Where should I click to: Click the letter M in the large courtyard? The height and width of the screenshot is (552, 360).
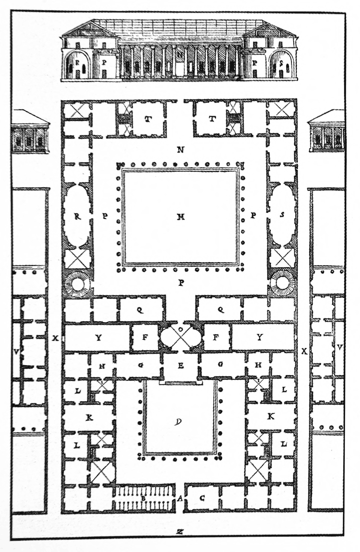point(181,217)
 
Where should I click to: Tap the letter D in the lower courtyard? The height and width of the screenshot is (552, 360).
point(178,422)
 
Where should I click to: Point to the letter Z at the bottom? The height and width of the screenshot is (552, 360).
point(180,532)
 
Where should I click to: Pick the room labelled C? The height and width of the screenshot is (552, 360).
point(202,498)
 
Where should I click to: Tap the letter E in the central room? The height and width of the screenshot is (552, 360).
point(181,366)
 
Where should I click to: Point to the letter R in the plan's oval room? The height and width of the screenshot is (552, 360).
point(77,216)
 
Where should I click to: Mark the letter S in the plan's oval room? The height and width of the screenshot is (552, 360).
point(282,214)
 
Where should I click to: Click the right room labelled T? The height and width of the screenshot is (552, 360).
point(212,119)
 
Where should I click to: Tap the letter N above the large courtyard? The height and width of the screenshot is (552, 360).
point(181,150)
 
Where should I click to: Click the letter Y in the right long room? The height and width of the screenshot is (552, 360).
point(260,337)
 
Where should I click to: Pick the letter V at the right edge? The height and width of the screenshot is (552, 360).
point(340,348)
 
